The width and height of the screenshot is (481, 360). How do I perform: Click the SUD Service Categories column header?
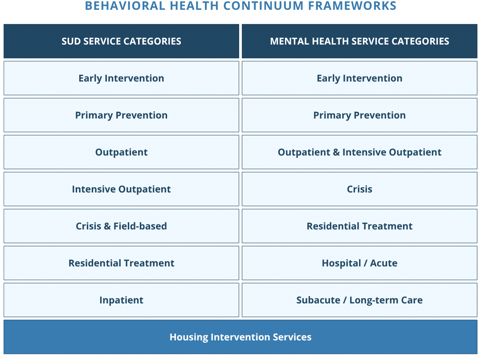coord(121,41)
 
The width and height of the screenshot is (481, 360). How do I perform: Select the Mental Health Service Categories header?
coord(359,41)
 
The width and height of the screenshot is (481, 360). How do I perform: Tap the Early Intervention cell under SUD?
coord(121,78)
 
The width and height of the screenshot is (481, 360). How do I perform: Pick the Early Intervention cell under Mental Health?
coord(359,78)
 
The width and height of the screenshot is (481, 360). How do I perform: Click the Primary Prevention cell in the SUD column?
coord(121,115)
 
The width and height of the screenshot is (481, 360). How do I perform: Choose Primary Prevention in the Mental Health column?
coord(359,115)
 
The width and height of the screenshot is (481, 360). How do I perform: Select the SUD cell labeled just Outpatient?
coord(121,152)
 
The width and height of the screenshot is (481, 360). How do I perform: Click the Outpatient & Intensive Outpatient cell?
coord(359,152)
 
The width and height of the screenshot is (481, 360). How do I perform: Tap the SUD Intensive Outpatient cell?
coord(121,189)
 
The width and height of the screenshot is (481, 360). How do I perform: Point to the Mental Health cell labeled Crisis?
coord(359,189)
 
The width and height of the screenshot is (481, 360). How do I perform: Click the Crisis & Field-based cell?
coord(121,226)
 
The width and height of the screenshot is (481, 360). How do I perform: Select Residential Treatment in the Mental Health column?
coord(359,226)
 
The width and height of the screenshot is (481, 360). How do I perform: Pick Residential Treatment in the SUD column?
coord(121,263)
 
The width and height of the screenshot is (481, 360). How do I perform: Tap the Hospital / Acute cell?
coord(359,263)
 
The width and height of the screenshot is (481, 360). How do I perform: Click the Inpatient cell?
coord(121,300)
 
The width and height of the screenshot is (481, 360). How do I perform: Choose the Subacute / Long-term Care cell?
coord(359,300)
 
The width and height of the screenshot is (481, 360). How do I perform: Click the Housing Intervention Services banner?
coord(240,337)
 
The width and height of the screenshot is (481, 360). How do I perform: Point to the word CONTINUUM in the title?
coord(263,6)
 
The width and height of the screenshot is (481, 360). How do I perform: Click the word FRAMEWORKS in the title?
coord(352,6)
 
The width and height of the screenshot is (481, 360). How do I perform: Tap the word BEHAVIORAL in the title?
coord(125,6)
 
